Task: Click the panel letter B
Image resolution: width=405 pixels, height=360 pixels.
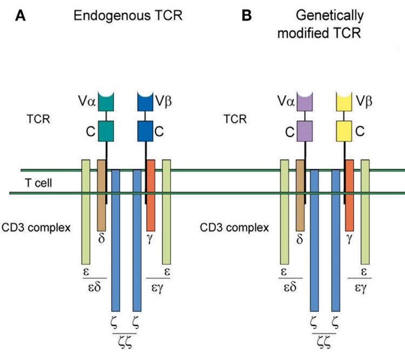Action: click(247, 16)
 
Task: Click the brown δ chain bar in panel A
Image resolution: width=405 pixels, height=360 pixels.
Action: click(101, 194)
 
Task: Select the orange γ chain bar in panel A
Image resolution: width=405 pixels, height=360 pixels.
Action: click(151, 194)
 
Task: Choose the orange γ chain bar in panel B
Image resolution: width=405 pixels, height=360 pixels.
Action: click(349, 194)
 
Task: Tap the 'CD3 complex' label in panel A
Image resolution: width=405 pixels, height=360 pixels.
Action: click(36, 227)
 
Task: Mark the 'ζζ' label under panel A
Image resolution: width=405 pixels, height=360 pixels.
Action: click(126, 344)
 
